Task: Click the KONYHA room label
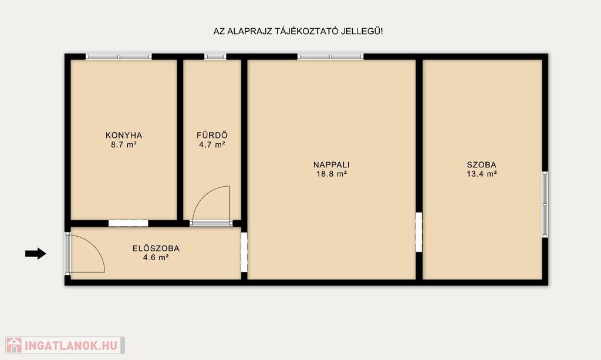pyautogui.click(x=124, y=135)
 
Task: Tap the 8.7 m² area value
pyautogui.click(x=124, y=145)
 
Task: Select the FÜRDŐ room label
pyautogui.click(x=212, y=135)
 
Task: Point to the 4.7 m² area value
pyautogui.click(x=212, y=145)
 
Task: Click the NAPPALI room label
pyautogui.click(x=332, y=165)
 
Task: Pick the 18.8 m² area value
pyautogui.click(x=332, y=174)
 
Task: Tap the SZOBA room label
pyautogui.click(x=481, y=165)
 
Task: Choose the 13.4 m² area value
pyautogui.click(x=481, y=174)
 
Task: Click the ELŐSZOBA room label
pyautogui.click(x=156, y=248)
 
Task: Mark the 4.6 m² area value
pyautogui.click(x=156, y=258)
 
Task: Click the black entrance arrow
pyautogui.click(x=36, y=254)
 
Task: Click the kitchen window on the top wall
pyautogui.click(x=119, y=57)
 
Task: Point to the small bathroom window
pyautogui.click(x=215, y=57)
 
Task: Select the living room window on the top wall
pyautogui.click(x=331, y=57)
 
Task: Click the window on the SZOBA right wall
pyautogui.click(x=545, y=204)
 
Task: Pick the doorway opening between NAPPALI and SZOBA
pyautogui.click(x=419, y=233)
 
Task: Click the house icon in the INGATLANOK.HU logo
pyautogui.click(x=14, y=345)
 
